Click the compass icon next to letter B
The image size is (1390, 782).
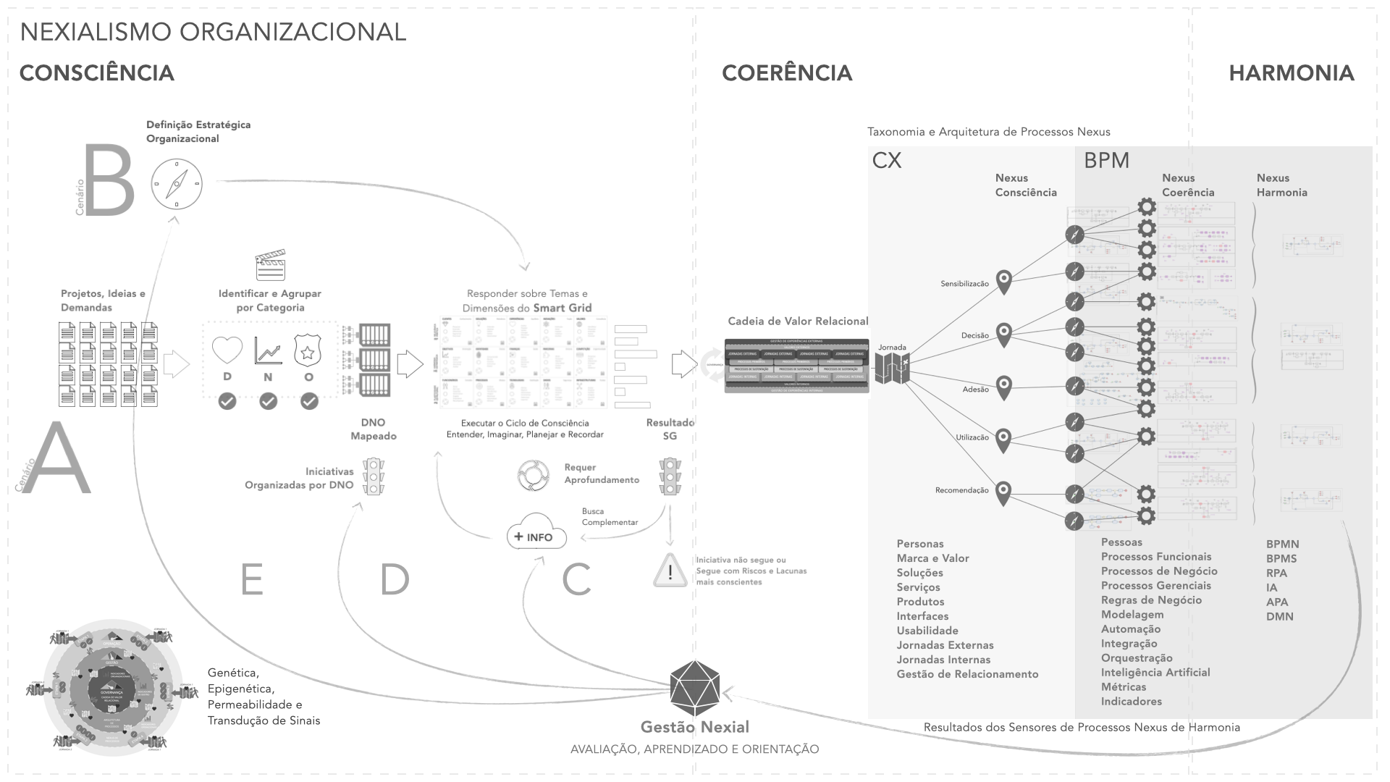[177, 185]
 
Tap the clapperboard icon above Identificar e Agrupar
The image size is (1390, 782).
[270, 266]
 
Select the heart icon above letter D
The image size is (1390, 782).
[227, 350]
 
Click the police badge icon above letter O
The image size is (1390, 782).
[308, 350]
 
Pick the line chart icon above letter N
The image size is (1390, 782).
[268, 350]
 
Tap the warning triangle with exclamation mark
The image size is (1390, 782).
[670, 571]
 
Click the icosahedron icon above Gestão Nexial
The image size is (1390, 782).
[694, 684]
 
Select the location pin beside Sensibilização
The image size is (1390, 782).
[1003, 282]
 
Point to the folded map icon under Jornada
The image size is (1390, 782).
[892, 369]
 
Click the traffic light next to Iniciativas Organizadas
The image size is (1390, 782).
[374, 476]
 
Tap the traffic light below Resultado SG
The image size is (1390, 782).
[670, 476]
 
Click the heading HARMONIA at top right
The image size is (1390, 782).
[1291, 73]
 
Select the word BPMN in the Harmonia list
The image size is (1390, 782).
[1282, 545]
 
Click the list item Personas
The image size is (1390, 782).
[920, 544]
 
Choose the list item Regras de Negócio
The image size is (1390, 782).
[1151, 600]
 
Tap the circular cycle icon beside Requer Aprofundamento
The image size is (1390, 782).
[534, 475]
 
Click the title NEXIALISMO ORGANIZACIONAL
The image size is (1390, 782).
[213, 32]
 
